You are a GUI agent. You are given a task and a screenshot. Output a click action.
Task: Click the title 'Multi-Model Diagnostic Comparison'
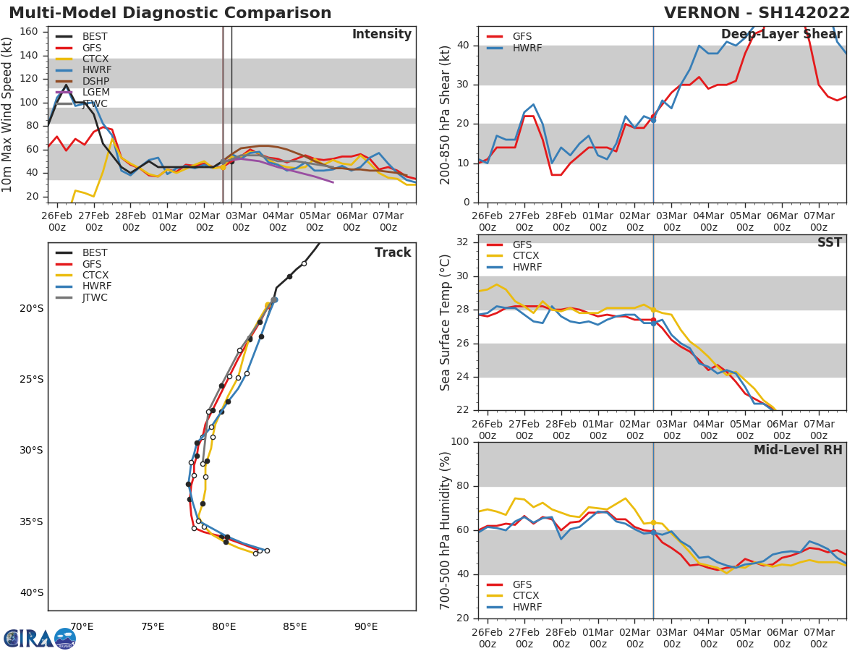tap(170, 13)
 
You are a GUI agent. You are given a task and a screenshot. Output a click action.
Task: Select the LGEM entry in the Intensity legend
tap(95, 93)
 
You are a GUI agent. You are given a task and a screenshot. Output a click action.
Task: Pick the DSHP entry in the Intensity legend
tap(95, 81)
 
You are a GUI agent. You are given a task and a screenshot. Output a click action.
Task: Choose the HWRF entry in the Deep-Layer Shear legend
tap(527, 48)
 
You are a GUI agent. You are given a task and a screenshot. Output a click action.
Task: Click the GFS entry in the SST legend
tap(522, 245)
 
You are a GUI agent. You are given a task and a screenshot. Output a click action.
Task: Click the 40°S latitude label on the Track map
tap(31, 593)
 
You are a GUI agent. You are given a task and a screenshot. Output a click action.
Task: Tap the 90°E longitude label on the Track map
tap(366, 626)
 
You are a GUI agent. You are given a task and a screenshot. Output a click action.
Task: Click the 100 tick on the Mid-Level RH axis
tap(459, 442)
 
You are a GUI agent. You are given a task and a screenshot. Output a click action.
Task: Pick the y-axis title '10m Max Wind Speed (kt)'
tap(8, 114)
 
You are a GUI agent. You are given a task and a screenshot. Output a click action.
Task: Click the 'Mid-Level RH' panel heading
tap(798, 451)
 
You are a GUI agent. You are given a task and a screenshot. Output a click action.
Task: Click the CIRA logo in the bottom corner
tap(40, 639)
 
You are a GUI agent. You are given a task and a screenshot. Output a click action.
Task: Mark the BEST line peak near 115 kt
tap(66, 85)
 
